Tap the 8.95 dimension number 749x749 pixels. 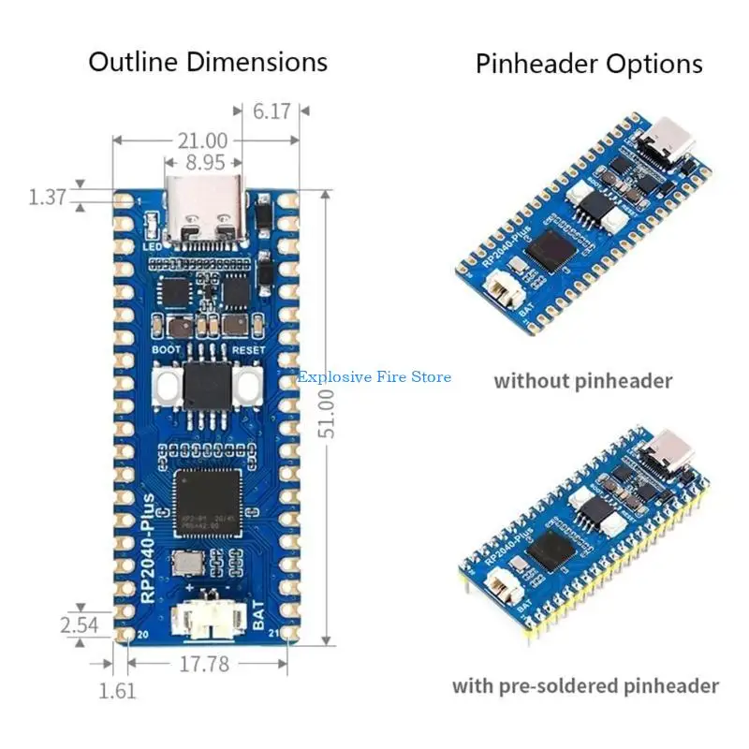click(x=204, y=161)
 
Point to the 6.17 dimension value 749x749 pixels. click(x=272, y=110)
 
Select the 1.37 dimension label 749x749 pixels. click(x=47, y=197)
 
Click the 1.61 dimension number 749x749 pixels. click(x=118, y=691)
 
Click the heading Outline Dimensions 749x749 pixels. click(x=208, y=62)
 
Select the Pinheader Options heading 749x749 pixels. click(x=589, y=64)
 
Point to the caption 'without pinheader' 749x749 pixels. click(x=583, y=381)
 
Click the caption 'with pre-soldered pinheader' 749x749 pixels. click(x=586, y=686)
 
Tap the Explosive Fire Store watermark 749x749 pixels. click(x=374, y=377)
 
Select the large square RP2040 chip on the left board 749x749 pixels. click(x=207, y=504)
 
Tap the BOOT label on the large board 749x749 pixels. click(x=167, y=349)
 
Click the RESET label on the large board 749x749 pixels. click(x=247, y=349)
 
